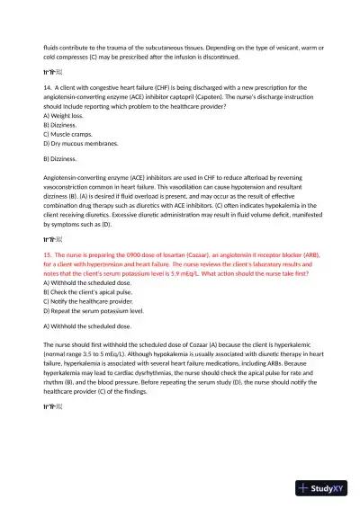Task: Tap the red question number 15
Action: [48, 254]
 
